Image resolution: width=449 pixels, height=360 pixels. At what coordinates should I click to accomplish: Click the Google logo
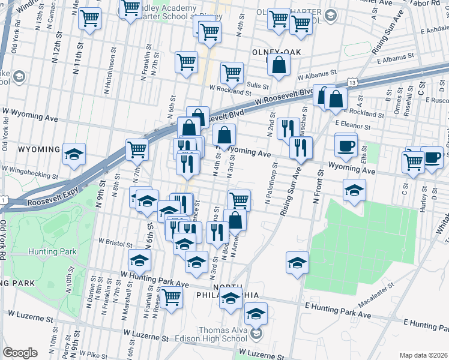[x=20, y=353]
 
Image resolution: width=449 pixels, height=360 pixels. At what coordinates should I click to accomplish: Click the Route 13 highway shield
[x=352, y=82]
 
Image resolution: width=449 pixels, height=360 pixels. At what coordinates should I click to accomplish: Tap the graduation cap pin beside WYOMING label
[x=74, y=154]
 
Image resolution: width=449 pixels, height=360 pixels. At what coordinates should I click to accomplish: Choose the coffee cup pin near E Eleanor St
[x=346, y=146]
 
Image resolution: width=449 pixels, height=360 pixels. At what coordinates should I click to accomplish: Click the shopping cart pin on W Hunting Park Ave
[x=172, y=296]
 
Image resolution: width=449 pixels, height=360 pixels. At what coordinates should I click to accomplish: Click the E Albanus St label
[x=397, y=60]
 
